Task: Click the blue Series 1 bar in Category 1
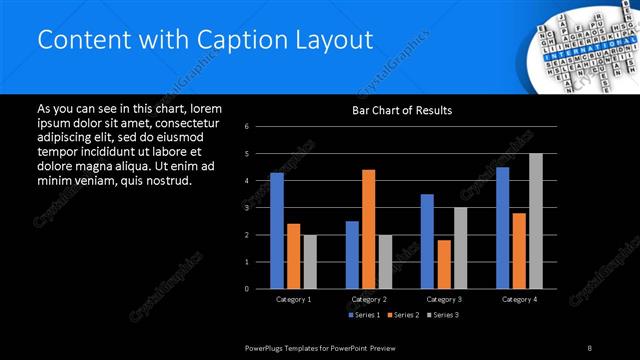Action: click(277, 231)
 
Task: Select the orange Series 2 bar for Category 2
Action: click(368, 229)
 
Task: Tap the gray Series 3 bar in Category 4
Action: click(536, 221)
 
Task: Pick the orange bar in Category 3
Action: click(443, 264)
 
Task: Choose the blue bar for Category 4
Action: click(503, 228)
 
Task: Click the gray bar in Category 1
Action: click(310, 262)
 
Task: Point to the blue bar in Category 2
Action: click(352, 255)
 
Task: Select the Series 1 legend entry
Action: click(365, 316)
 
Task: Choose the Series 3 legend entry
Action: click(441, 316)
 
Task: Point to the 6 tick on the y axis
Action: click(247, 127)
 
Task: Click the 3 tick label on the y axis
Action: click(247, 208)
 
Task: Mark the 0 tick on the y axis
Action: click(247, 289)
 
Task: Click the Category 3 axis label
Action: click(443, 299)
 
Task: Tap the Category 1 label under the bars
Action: click(293, 299)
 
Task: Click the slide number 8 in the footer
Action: click(589, 347)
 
